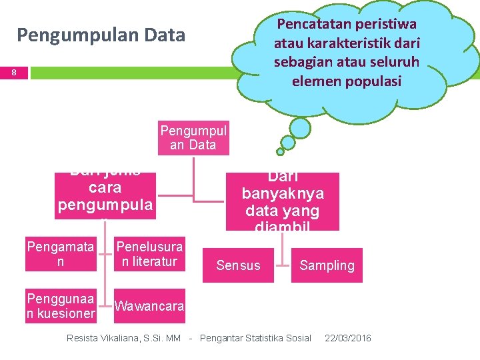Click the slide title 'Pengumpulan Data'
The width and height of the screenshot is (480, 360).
click(101, 35)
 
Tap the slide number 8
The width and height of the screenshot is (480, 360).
click(14, 73)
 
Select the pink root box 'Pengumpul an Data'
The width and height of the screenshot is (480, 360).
click(193, 137)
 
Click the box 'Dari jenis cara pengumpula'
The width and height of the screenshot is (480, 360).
click(107, 194)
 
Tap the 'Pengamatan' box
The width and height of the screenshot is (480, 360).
click(61, 254)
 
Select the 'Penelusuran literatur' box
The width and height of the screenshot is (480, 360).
click(149, 254)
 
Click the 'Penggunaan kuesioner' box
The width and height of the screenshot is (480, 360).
click(61, 305)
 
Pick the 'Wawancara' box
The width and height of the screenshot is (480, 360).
click(149, 306)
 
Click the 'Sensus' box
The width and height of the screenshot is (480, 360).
click(238, 265)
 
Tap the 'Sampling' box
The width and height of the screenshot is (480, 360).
click(327, 265)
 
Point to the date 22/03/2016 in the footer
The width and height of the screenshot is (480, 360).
click(347, 338)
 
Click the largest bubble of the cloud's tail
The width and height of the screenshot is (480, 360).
click(301, 127)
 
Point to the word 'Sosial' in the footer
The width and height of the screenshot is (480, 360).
click(297, 338)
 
